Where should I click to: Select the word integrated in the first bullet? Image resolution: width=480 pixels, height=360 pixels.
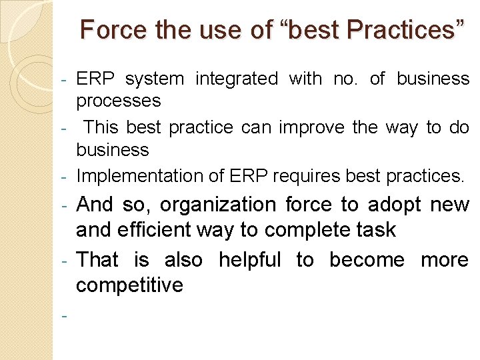point(236,79)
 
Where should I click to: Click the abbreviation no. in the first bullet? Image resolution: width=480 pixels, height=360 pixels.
point(345,79)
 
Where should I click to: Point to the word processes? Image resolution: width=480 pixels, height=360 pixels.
point(118,101)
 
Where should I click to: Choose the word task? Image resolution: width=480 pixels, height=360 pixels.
point(376,230)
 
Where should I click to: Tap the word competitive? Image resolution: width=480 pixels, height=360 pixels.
point(129,285)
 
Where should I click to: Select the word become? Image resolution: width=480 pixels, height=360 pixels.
point(367,260)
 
